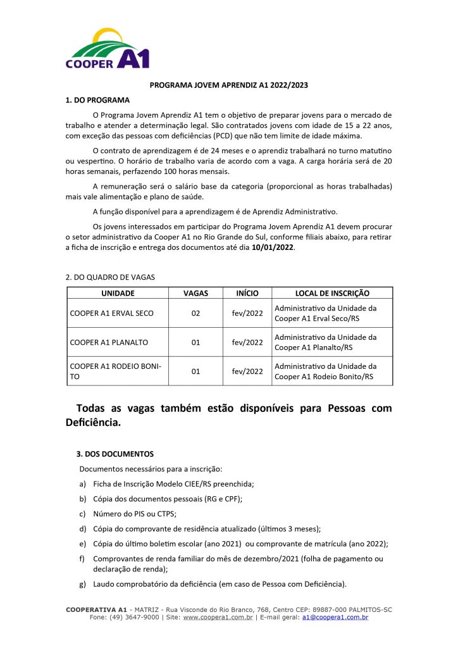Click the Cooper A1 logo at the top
[108, 49]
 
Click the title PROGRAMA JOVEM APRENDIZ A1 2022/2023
[228, 85]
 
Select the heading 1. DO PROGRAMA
[97, 100]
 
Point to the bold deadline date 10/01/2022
[273, 247]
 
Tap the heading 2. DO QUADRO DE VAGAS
[110, 277]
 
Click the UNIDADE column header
[118, 293]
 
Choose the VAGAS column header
[195, 293]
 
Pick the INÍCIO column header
[247, 293]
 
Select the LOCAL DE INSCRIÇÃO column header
[332, 293]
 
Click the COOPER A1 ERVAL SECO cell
[111, 313]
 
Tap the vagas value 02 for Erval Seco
[195, 313]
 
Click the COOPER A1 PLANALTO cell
[109, 342]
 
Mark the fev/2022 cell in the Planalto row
[247, 342]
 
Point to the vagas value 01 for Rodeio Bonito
[195, 371]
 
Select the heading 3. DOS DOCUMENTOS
[114, 454]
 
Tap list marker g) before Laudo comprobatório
[82, 583]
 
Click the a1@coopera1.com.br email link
[335, 617]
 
